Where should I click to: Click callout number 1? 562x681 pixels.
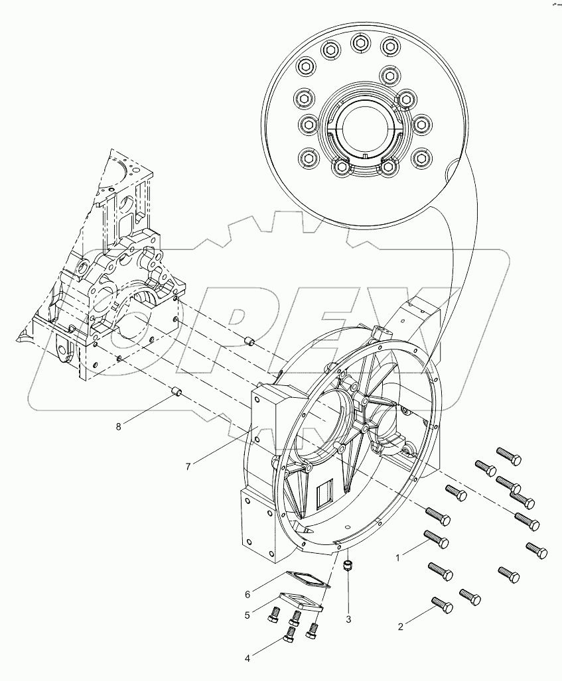click(x=398, y=558)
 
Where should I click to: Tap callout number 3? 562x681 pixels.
click(x=348, y=620)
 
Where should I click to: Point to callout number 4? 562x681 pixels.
click(x=247, y=658)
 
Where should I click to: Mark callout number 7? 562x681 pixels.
click(x=188, y=466)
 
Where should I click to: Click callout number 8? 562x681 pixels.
click(x=119, y=426)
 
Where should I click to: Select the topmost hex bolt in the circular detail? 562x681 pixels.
click(x=358, y=43)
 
